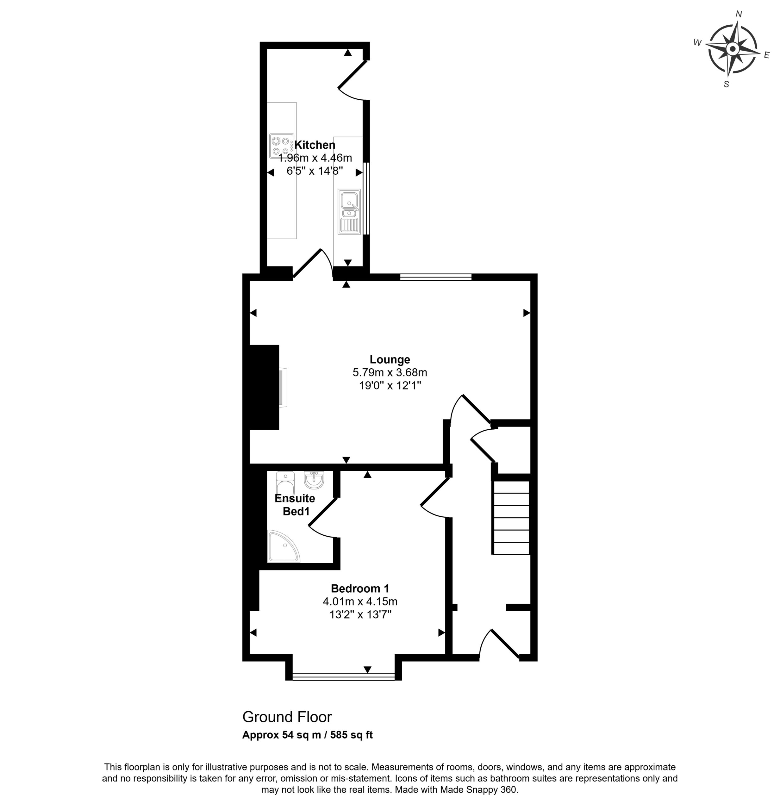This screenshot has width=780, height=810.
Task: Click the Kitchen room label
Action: click(315, 145)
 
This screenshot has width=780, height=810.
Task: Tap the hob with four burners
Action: click(282, 146)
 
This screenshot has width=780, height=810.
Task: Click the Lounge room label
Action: click(390, 359)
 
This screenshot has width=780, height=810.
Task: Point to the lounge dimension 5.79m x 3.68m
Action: click(390, 372)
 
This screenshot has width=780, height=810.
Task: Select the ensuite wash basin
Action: click(314, 479)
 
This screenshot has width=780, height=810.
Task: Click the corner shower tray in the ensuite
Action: click(284, 547)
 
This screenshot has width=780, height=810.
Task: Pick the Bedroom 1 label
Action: click(359, 589)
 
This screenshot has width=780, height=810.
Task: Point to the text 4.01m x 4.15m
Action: click(359, 601)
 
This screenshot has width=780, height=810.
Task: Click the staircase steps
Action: click(511, 517)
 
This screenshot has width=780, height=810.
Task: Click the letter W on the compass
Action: click(697, 43)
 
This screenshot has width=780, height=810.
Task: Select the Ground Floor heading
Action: click(287, 717)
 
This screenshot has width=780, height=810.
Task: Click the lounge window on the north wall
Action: click(436, 277)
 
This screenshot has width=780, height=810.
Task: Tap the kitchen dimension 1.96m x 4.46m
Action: click(315, 158)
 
